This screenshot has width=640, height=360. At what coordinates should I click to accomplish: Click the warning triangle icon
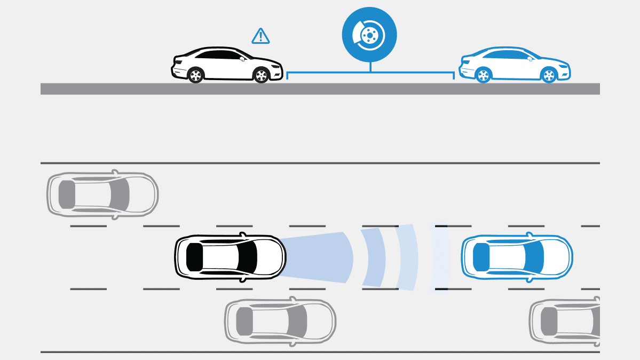coord(260,36)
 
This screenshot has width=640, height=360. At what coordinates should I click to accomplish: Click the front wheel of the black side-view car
coord(260,74)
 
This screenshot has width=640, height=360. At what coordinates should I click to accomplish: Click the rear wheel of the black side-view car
coord(196,74)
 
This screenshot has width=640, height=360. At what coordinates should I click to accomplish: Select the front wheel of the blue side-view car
coord(548,75)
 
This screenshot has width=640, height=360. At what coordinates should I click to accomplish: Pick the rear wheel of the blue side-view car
coord(483,75)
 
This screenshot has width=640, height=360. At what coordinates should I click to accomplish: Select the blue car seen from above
coord(517,257)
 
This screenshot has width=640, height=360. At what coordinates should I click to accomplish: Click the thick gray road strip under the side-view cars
coord(320,89)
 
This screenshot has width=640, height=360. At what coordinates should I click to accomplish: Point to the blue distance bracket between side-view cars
coord(370,74)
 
